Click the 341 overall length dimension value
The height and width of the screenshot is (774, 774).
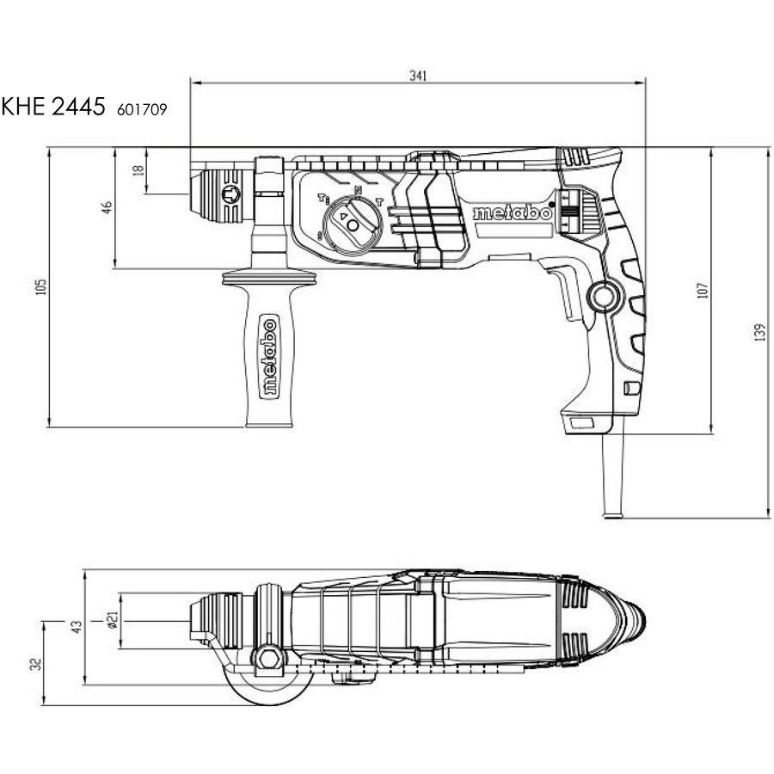(418, 76)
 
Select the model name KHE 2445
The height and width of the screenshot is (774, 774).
(53, 106)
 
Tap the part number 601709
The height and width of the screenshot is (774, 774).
(142, 109)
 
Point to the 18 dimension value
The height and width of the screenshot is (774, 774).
(139, 169)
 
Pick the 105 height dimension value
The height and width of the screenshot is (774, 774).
(41, 286)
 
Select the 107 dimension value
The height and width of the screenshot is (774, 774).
(703, 291)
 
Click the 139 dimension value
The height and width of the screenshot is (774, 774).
(759, 332)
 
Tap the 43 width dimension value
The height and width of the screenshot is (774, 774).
(77, 627)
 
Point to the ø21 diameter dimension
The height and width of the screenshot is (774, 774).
(113, 620)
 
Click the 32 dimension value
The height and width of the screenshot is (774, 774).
(36, 664)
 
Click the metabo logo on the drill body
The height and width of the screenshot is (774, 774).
(512, 213)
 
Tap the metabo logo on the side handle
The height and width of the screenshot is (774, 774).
(269, 356)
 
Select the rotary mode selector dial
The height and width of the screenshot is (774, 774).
(353, 224)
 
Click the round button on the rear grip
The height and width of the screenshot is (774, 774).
(603, 297)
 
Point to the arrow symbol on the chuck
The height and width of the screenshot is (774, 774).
(231, 194)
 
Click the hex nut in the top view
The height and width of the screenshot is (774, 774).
(268, 659)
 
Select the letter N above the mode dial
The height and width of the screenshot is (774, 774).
(359, 190)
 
